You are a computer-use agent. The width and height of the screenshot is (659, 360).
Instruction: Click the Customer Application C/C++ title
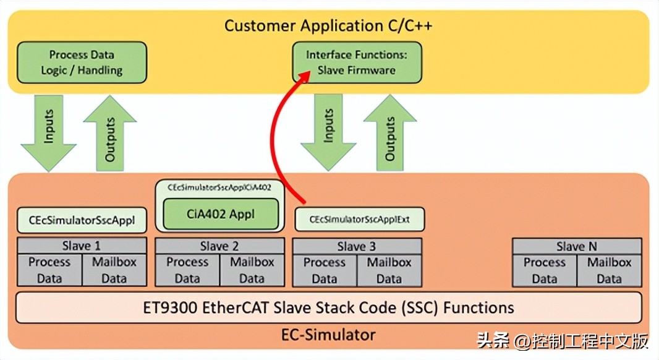click(328, 26)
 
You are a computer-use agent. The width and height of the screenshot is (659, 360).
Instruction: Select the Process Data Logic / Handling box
click(82, 62)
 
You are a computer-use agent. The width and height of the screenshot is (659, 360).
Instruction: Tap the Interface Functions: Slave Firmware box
click(356, 62)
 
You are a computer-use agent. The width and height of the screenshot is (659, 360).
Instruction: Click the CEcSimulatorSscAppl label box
click(82, 219)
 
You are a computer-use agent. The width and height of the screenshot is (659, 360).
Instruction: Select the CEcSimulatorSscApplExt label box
click(359, 219)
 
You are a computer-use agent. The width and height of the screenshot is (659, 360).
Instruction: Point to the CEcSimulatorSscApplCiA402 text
click(220, 186)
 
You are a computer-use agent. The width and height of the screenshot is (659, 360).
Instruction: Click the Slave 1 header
click(82, 246)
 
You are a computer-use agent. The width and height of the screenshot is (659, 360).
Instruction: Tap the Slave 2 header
click(219, 246)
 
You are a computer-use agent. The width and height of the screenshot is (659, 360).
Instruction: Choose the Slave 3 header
click(357, 246)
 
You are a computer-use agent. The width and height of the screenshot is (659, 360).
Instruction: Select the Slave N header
click(577, 246)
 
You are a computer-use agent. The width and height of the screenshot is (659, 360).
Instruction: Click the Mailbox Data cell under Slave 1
click(114, 270)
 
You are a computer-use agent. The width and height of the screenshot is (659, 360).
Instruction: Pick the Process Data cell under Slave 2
click(187, 270)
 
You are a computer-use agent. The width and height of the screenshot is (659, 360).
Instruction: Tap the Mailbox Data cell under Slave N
click(610, 270)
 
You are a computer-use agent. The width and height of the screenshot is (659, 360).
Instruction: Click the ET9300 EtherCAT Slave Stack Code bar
click(328, 307)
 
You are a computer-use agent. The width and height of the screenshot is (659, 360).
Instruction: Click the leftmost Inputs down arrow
click(49, 133)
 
